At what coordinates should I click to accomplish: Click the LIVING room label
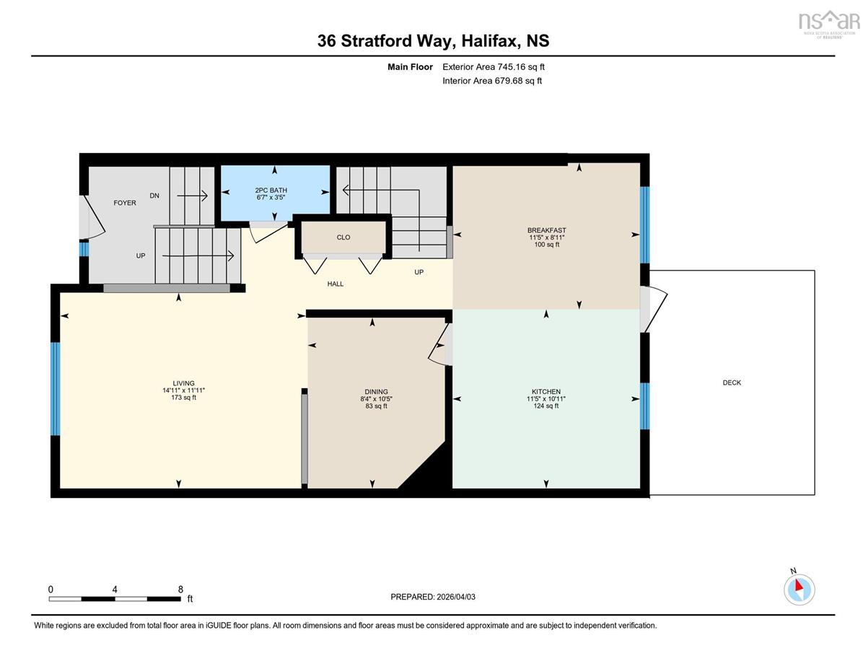pyautogui.click(x=183, y=383)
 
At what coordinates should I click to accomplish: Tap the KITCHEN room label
pyautogui.click(x=546, y=392)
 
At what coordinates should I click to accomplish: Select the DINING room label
pyautogui.click(x=376, y=392)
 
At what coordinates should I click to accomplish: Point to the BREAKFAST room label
pyautogui.click(x=546, y=230)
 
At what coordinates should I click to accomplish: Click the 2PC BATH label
pyautogui.click(x=271, y=191)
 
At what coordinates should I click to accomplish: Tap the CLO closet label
pyautogui.click(x=343, y=237)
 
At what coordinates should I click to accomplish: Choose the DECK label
pyautogui.click(x=732, y=382)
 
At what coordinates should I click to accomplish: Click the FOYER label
pyautogui.click(x=125, y=203)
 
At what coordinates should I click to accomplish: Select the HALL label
pyautogui.click(x=335, y=284)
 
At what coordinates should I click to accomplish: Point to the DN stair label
pyautogui.click(x=154, y=196)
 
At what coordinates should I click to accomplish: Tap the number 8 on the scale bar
pyautogui.click(x=180, y=590)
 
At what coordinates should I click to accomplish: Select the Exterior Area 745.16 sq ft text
pyautogui.click(x=494, y=67)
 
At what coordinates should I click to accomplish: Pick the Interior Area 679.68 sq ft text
pyautogui.click(x=492, y=81)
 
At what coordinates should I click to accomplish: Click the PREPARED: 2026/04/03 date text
pyautogui.click(x=433, y=597)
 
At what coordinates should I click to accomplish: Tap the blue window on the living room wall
pyautogui.click(x=56, y=389)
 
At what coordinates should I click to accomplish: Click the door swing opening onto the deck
pyautogui.click(x=654, y=309)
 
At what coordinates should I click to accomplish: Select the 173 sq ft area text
pyautogui.click(x=183, y=397)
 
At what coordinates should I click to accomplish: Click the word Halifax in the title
pyautogui.click(x=489, y=41)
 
